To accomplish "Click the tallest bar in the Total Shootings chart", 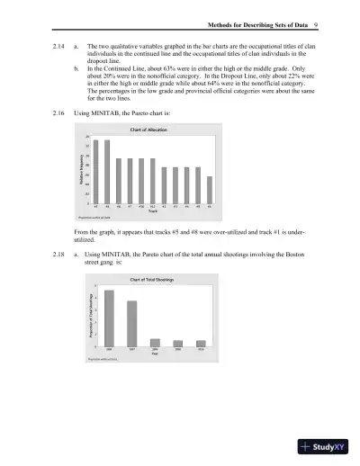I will (x=109, y=318).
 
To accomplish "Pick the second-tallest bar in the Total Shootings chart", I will (x=132, y=323).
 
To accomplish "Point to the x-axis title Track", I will (x=152, y=211).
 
